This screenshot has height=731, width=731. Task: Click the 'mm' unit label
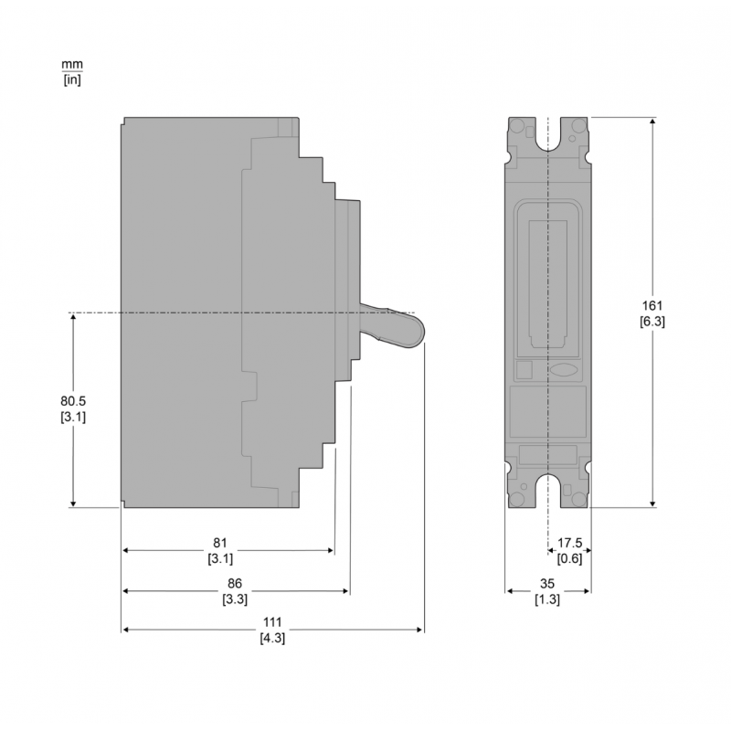[x=71, y=65]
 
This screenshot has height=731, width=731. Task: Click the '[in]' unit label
[x=71, y=79]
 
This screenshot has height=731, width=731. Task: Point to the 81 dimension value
[x=220, y=543]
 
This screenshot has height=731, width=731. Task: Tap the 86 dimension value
[x=234, y=584]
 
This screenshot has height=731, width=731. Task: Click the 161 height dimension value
[x=652, y=305]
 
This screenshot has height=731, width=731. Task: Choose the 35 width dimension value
[x=547, y=584]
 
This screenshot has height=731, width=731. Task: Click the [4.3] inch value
[x=271, y=638]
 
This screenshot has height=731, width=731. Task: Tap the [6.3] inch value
[x=652, y=321]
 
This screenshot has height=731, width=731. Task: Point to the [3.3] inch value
[x=234, y=599]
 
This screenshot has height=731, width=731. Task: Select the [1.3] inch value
[x=547, y=599]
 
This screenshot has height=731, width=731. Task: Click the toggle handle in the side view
[x=393, y=328]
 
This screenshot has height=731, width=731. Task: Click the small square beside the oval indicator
[x=524, y=370]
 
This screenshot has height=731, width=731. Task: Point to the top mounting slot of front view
[x=547, y=137]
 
